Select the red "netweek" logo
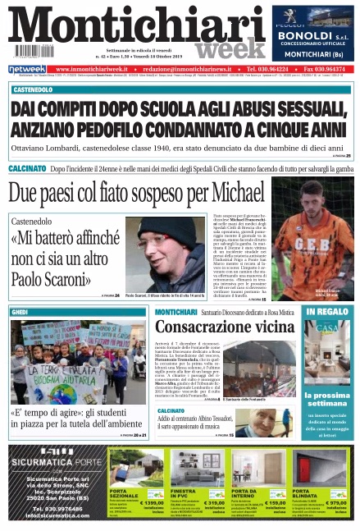pos(27,69)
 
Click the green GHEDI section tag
pos(20,312)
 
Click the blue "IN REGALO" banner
pos(326,312)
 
